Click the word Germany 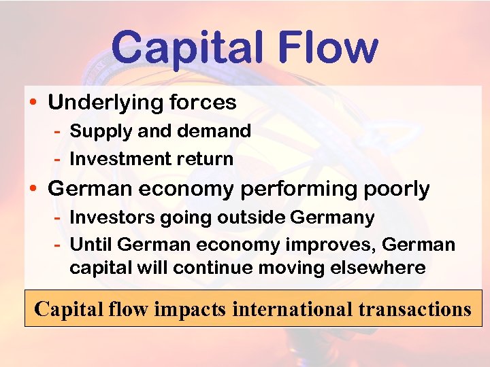pos(332,217)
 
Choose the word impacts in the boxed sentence pos(192,309)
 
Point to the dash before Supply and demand pos(59,131)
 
